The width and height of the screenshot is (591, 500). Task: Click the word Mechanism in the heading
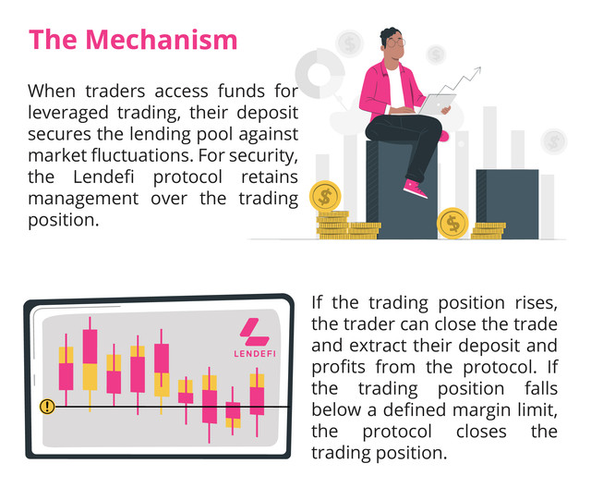pyautogui.click(x=162, y=40)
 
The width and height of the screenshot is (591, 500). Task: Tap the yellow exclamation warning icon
pyautogui.click(x=47, y=407)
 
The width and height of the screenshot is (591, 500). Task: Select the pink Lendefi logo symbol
pyautogui.click(x=255, y=332)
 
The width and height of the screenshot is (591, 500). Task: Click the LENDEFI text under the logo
pyautogui.click(x=255, y=354)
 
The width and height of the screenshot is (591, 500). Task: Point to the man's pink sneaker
pyautogui.click(x=415, y=189)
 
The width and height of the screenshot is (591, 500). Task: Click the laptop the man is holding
pyautogui.click(x=437, y=104)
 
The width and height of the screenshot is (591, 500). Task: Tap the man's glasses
pyautogui.click(x=396, y=43)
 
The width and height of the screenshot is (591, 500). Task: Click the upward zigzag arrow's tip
pyautogui.click(x=481, y=67)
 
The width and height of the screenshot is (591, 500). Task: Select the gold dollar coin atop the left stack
pyautogui.click(x=325, y=196)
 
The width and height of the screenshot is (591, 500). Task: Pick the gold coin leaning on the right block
pyautogui.click(x=452, y=223)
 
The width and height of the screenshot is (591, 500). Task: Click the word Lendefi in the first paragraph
pyautogui.click(x=103, y=177)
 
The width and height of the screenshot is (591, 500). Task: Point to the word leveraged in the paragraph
pyautogui.click(x=68, y=113)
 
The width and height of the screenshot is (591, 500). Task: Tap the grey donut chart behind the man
pyautogui.click(x=320, y=74)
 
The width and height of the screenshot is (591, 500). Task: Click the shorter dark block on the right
pyautogui.click(x=507, y=204)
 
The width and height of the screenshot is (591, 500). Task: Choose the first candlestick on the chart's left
pyautogui.click(x=66, y=369)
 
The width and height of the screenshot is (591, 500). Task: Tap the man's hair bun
pyautogui.click(x=391, y=31)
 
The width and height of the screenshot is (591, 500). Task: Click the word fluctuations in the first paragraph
pyautogui.click(x=142, y=155)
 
